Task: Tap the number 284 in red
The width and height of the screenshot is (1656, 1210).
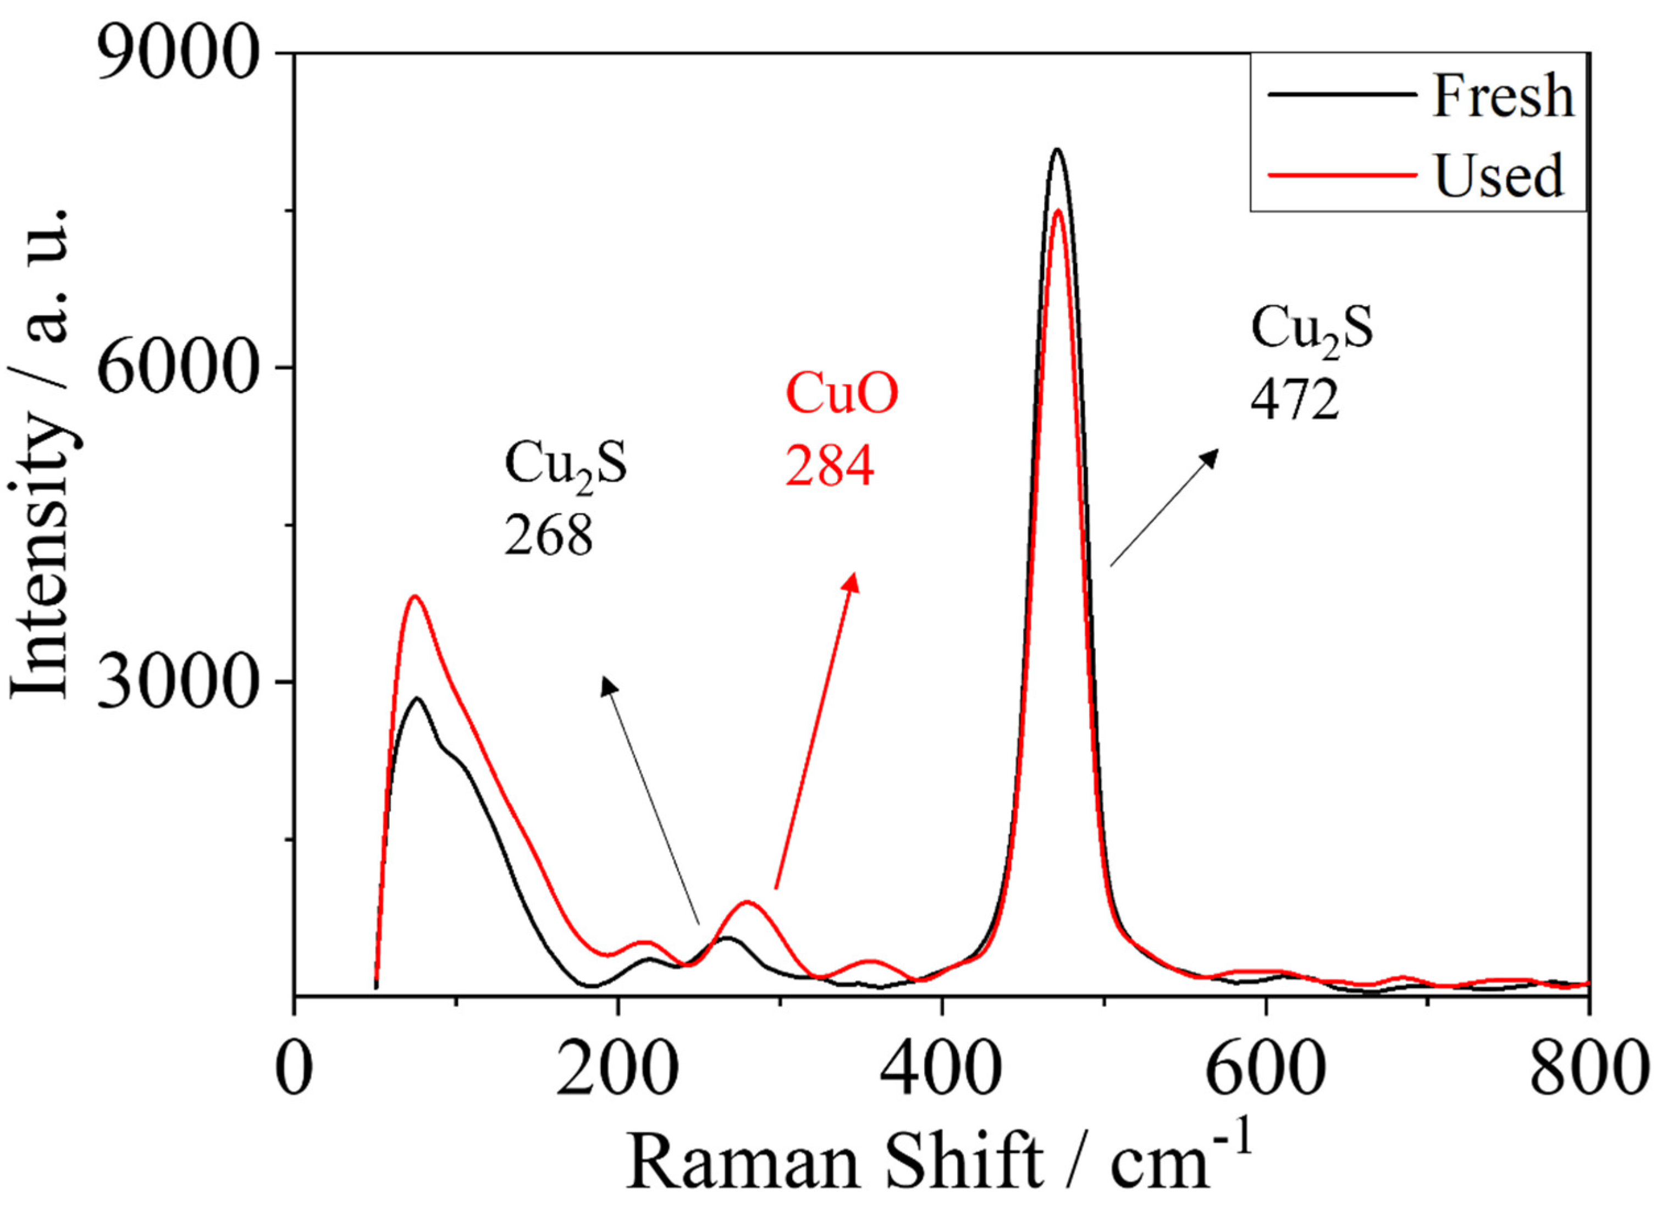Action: (829, 467)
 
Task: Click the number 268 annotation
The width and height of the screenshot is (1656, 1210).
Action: (548, 536)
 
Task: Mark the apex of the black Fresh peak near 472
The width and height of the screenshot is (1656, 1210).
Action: (1056, 150)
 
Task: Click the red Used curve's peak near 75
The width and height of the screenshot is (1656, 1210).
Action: (415, 596)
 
